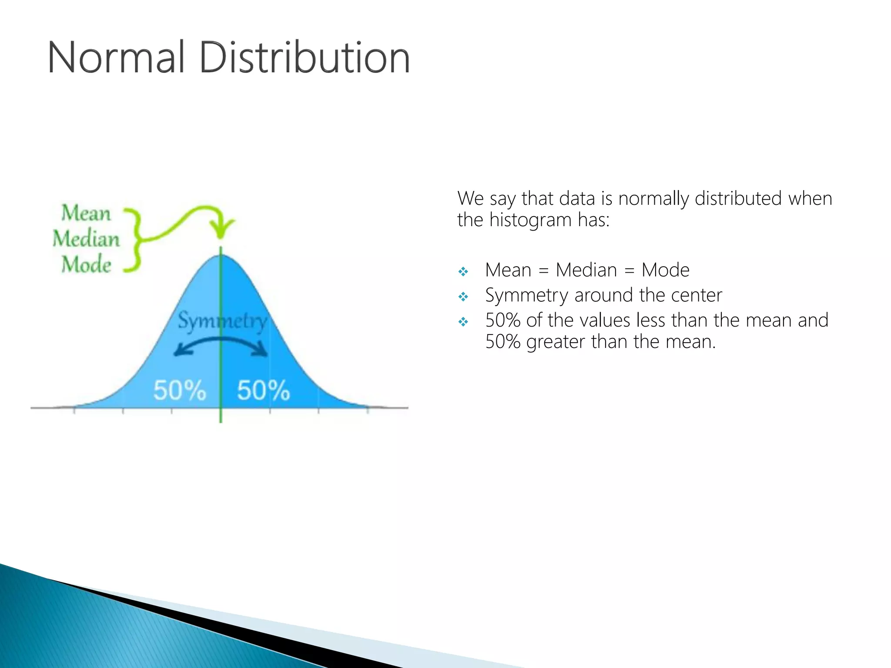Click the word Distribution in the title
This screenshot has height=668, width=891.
[x=305, y=58]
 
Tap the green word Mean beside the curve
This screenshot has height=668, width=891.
[x=86, y=213]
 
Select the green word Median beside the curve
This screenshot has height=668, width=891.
[x=86, y=239]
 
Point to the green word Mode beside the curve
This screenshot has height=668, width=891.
[x=86, y=264]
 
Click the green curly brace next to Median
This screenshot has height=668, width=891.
[x=134, y=240]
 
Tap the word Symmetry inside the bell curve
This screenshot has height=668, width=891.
[x=222, y=321]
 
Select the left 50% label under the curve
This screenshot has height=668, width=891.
[x=179, y=390]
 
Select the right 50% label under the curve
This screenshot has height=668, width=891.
[x=263, y=390]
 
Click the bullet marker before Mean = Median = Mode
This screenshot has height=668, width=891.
[x=463, y=272]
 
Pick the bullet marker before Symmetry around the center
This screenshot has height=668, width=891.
[x=463, y=297]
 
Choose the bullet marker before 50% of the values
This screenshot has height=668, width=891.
[x=463, y=322]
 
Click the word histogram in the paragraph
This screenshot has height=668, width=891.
[x=530, y=220]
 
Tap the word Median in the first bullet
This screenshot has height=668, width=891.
[x=586, y=270]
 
